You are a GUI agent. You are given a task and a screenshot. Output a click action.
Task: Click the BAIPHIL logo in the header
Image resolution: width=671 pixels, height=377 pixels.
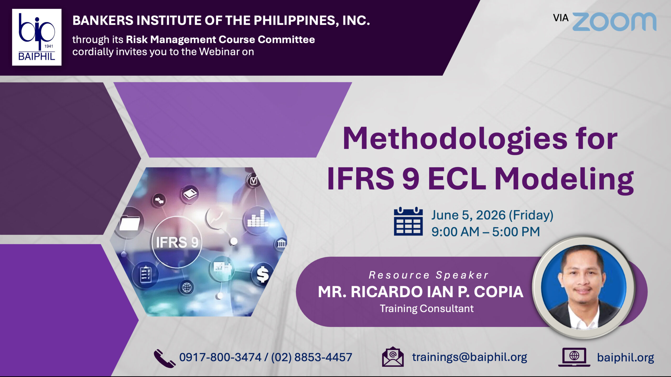pos(37,37)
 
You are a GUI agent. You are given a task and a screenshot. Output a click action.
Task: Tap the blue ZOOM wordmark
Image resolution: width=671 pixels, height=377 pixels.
pos(614,21)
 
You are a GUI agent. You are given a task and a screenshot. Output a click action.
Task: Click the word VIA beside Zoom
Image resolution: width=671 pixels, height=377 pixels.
pos(561,18)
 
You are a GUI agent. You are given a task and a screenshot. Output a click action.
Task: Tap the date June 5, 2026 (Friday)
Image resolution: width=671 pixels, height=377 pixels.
pos(492,215)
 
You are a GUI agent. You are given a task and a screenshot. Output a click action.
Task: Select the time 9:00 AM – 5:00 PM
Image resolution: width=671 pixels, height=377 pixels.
pos(486,232)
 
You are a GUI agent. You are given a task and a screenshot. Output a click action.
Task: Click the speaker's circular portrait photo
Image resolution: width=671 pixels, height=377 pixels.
pos(584,287)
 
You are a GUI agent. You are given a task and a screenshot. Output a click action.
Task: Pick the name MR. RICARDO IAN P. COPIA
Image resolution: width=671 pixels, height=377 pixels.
pos(421,292)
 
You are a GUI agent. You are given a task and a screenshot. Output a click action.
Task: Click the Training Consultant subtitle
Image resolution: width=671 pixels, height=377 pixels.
pos(427,308)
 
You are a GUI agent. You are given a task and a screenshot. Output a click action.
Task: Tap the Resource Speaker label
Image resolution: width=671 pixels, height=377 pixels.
pos(429,275)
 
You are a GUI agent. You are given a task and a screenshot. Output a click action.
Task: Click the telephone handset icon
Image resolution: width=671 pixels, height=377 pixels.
pos(164,358)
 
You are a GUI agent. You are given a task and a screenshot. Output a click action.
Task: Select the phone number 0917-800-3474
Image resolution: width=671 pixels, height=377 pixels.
pos(220,357)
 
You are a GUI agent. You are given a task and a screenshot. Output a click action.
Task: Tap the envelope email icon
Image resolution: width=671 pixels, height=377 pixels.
pos(393,357)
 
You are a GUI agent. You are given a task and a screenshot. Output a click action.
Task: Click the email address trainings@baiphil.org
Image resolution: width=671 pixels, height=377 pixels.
pos(469,357)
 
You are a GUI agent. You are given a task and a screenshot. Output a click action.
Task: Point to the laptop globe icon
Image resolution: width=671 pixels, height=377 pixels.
pos(574,357)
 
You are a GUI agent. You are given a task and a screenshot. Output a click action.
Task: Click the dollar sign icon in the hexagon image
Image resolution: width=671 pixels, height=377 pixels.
pos(263,274)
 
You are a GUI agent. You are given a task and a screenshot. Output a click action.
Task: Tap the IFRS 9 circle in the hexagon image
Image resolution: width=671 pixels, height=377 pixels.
pos(177,242)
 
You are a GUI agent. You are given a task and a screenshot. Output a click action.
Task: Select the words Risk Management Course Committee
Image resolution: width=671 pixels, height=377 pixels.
pos(220,40)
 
